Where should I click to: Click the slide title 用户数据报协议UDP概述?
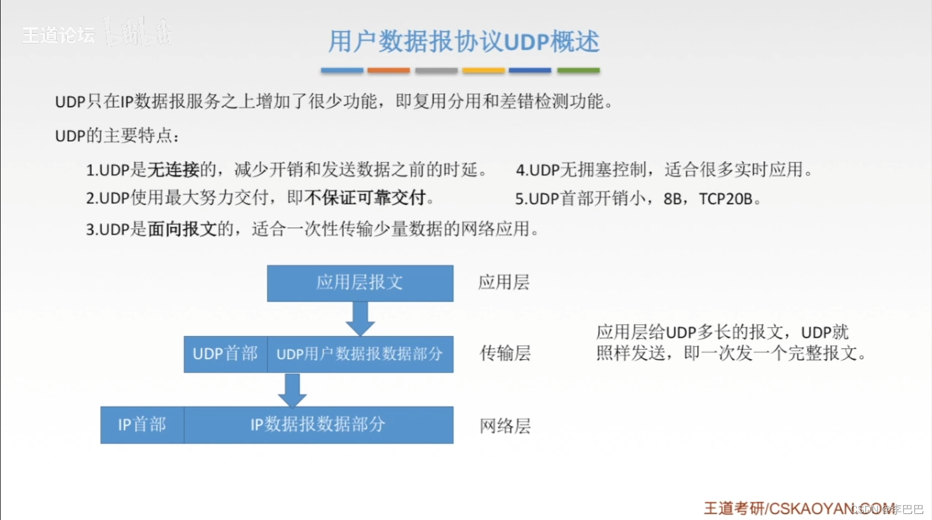point(463,42)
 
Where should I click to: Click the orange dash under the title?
point(388,71)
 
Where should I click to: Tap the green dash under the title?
point(578,71)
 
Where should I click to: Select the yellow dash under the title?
point(483,71)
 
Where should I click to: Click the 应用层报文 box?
point(360,283)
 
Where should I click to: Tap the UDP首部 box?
point(225,354)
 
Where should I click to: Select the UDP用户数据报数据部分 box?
point(360,354)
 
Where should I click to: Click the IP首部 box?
point(142,425)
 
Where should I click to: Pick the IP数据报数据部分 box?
point(318,425)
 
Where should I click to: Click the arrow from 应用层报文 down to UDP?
point(360,319)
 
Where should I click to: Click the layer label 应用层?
point(504,283)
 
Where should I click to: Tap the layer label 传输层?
point(505,353)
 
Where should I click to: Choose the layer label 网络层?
point(505,426)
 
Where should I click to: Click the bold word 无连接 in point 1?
point(173,170)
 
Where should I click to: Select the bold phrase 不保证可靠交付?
point(365,198)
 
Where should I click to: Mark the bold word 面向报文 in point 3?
point(182,229)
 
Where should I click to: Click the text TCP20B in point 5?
point(726,199)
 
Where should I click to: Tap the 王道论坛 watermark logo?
point(59,35)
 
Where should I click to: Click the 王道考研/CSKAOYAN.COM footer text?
point(798,508)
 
